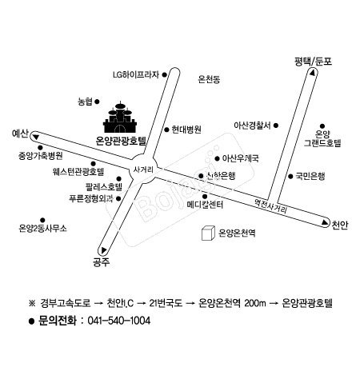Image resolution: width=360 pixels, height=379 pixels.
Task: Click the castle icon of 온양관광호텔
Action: (120, 118)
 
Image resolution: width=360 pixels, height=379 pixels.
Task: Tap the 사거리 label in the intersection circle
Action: (143, 170)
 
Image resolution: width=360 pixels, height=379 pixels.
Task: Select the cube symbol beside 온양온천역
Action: (208, 233)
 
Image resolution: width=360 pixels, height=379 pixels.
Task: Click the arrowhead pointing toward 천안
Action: (325, 222)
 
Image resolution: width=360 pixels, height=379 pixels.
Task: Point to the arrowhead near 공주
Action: (103, 250)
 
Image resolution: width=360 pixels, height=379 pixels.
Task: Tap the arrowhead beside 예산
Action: (36, 137)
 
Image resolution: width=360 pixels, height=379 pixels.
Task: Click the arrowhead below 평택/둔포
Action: (312, 73)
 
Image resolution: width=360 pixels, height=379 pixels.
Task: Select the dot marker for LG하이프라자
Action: (165, 75)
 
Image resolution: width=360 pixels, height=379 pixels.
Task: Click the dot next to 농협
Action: (97, 102)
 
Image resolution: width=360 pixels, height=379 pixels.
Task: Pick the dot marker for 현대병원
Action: (166, 130)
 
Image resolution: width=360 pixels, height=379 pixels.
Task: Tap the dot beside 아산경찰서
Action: (276, 126)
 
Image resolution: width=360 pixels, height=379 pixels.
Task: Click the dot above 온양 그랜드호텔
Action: (322, 126)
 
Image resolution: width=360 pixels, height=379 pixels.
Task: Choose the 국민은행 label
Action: (310, 176)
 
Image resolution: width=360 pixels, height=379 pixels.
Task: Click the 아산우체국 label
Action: (241, 158)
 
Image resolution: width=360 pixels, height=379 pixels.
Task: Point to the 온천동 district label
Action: (209, 79)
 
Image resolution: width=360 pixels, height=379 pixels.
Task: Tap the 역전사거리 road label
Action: (270, 206)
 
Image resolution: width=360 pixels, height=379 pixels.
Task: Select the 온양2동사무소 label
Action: (42, 229)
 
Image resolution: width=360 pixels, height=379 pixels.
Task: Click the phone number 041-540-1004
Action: (118, 321)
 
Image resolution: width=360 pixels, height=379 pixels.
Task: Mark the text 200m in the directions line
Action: (255, 303)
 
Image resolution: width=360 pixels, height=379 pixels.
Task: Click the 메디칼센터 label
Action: (205, 205)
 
